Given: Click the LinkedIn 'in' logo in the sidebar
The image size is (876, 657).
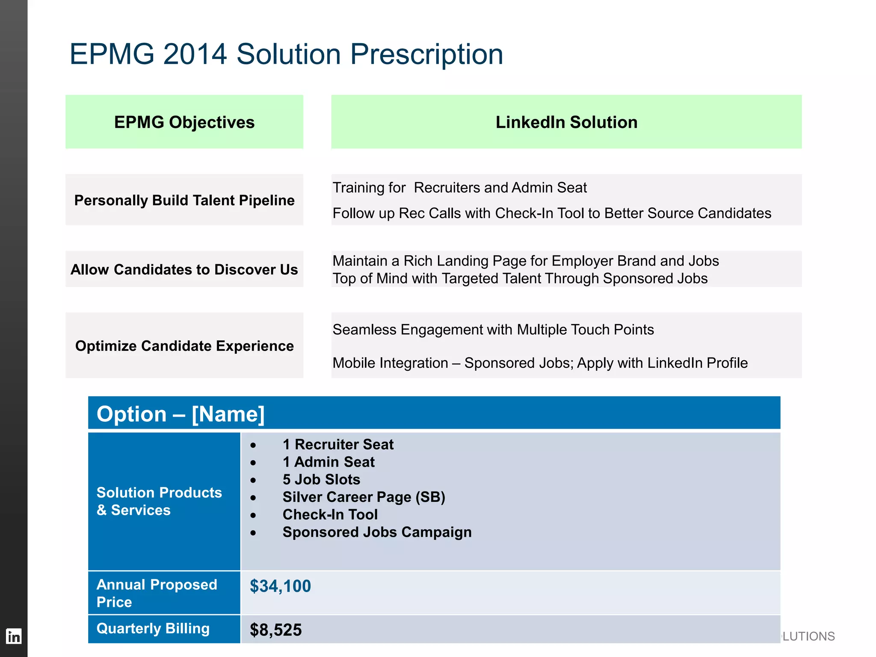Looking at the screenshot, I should [14, 636].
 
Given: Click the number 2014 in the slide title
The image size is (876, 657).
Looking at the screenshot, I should [195, 54].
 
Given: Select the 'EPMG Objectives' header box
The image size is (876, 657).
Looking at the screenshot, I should [184, 122].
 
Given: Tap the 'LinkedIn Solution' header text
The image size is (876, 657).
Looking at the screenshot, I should [566, 122].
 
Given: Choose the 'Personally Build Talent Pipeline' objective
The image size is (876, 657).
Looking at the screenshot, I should [184, 200].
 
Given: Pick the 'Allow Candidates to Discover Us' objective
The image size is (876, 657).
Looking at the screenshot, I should [184, 269].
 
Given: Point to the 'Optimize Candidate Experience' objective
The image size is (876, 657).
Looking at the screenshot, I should [184, 346].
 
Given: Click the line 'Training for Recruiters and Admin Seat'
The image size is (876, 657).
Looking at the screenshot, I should [459, 188].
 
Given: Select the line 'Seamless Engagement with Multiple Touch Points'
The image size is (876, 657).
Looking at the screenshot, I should [493, 330].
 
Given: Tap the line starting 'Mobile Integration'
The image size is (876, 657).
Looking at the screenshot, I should [540, 363].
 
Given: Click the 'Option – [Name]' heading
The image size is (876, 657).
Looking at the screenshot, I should [181, 414].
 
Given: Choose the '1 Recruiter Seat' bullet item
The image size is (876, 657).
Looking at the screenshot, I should [338, 444].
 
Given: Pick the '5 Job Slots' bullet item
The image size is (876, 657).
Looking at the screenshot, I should [321, 479].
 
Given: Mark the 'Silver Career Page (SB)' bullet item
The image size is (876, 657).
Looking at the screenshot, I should [364, 497].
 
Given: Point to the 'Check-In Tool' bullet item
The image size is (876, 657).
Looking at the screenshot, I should [330, 515].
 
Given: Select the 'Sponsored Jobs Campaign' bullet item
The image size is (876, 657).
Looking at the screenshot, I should [377, 532].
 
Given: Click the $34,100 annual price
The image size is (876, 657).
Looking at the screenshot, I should [280, 586].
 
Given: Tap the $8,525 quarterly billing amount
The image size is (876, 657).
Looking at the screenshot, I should [276, 630].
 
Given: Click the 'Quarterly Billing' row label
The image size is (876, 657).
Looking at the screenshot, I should [153, 628].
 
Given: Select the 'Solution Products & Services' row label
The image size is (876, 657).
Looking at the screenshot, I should [159, 501].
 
